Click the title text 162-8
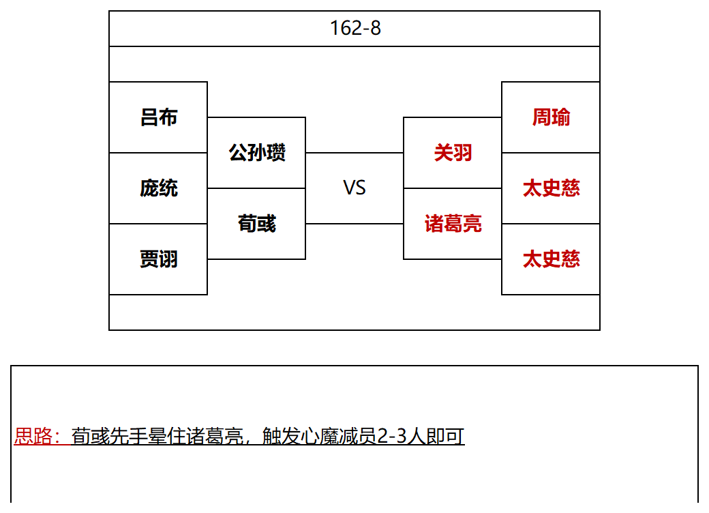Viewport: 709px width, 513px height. click(355, 28)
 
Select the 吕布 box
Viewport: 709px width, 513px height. click(158, 117)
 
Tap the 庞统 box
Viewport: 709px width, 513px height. click(158, 188)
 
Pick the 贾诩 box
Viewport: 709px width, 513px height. click(158, 259)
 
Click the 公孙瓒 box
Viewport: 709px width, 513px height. click(256, 152)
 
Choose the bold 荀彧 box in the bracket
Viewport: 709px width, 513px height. click(256, 224)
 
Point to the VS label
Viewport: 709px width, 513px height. click(354, 188)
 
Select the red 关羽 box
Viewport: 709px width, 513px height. click(453, 152)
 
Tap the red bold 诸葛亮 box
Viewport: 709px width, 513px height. click(453, 224)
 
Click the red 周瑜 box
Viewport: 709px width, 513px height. click(551, 117)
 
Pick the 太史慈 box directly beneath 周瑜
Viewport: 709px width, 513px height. click(551, 188)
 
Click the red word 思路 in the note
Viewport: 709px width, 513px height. click(33, 436)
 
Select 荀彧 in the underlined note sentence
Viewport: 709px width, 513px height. click(91, 436)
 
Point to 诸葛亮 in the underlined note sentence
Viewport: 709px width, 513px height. click(215, 436)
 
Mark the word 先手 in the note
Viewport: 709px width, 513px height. click(128, 436)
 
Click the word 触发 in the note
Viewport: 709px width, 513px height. click(282, 436)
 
